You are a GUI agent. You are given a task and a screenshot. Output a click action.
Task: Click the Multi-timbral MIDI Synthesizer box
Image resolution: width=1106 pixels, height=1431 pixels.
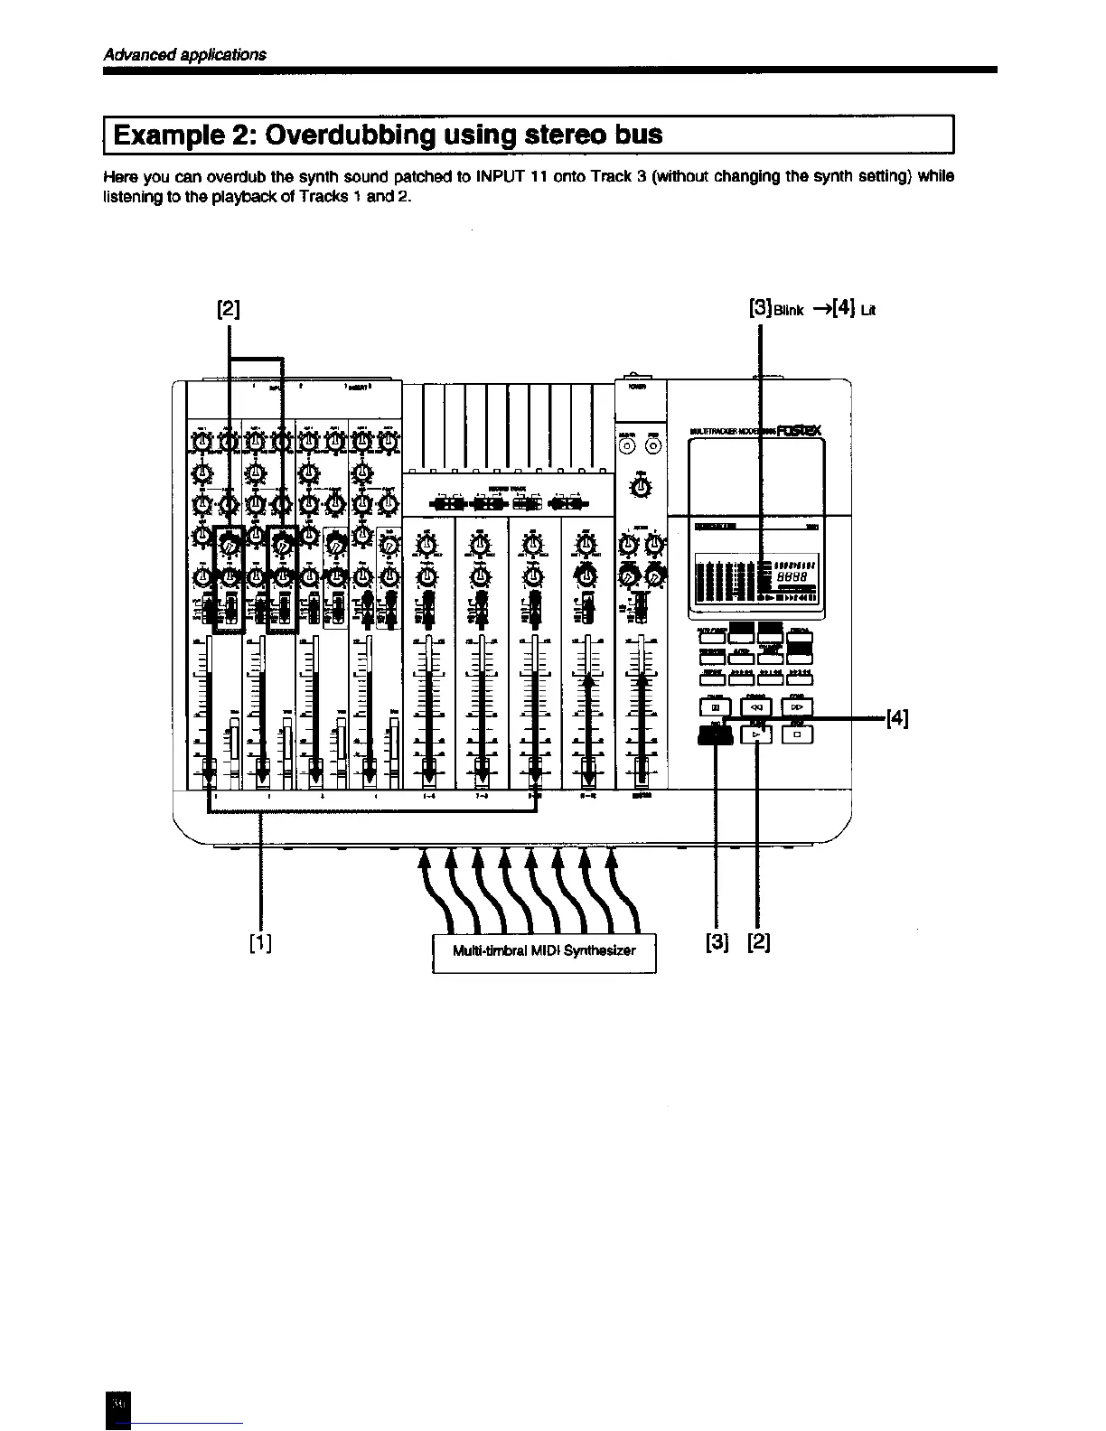click(x=544, y=951)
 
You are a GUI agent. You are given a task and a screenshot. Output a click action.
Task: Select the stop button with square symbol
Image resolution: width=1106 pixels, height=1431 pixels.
click(x=798, y=735)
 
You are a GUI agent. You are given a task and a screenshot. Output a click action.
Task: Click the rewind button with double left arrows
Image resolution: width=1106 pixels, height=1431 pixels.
click(x=755, y=708)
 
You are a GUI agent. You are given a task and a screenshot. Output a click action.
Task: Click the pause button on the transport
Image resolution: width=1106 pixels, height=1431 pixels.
click(x=714, y=708)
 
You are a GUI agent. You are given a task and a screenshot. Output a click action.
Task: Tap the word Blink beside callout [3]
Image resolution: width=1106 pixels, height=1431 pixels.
click(x=788, y=312)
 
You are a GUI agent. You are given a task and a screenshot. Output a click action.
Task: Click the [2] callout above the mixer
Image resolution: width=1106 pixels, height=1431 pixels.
click(x=229, y=309)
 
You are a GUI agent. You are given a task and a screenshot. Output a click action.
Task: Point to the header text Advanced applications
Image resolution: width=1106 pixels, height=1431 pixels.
click(x=185, y=54)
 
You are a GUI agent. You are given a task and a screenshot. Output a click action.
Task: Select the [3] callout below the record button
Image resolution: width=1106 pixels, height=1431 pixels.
click(x=716, y=942)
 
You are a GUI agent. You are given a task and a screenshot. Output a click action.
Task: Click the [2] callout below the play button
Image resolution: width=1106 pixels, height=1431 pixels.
click(x=759, y=942)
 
